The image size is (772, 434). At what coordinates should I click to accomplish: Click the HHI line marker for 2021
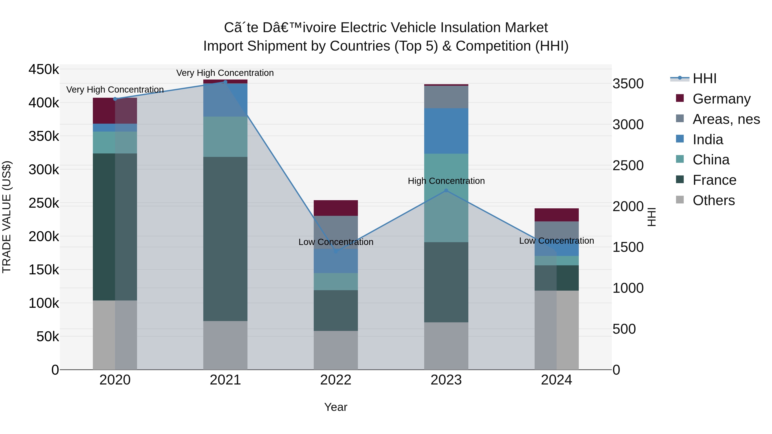coord(225,82)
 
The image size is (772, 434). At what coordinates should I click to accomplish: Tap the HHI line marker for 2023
coord(446,191)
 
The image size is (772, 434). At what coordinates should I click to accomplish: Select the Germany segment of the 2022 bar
coord(336,208)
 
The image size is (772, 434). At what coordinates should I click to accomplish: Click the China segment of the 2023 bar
coord(446,198)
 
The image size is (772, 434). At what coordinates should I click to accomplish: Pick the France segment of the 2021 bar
coord(225,239)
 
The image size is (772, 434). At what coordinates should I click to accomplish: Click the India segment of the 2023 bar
coord(446,131)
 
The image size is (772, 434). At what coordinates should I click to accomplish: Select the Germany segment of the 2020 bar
coord(115,111)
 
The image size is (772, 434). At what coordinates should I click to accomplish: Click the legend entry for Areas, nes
coord(726,119)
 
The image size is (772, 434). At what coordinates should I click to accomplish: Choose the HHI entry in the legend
coord(704,78)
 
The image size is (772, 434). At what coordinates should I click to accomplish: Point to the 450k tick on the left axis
coord(44,69)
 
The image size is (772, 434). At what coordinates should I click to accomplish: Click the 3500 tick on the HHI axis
coord(628,84)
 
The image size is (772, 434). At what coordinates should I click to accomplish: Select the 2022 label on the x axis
coord(336,380)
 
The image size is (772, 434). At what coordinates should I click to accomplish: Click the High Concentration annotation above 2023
coord(446,181)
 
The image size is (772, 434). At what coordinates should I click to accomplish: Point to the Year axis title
coord(336,407)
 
